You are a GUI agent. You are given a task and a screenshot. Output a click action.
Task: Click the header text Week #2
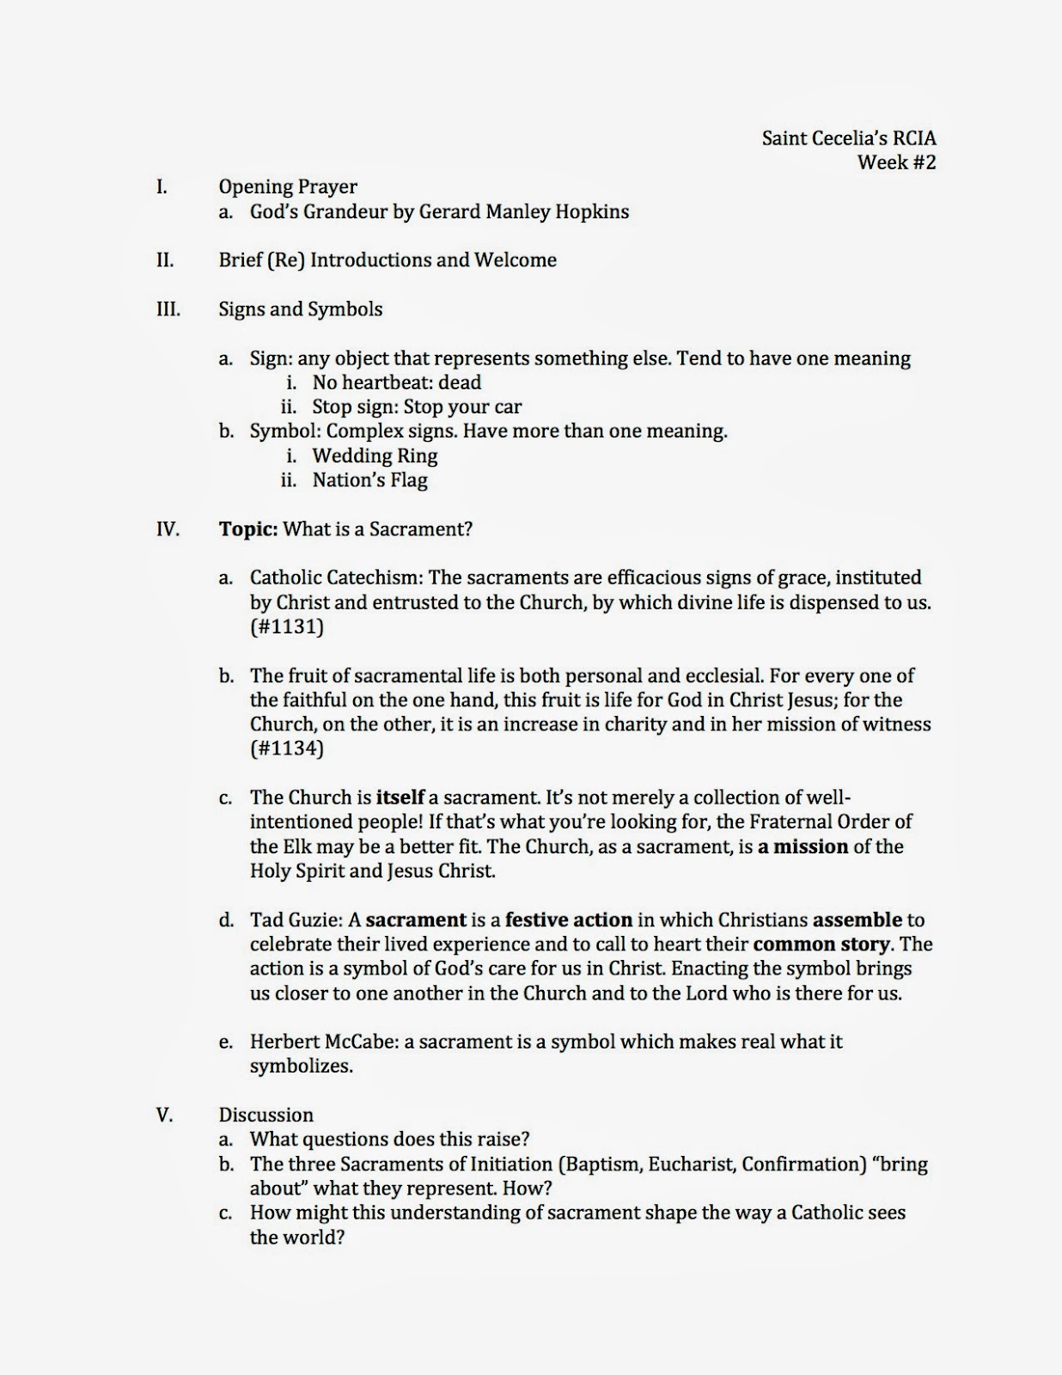(896, 162)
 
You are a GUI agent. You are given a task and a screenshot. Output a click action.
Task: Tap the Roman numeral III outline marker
(168, 309)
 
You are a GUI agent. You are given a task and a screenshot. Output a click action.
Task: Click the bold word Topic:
(247, 529)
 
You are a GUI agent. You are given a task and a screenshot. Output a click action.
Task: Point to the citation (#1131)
(287, 626)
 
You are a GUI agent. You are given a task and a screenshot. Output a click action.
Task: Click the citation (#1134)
(287, 749)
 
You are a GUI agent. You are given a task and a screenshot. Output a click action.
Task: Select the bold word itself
(400, 797)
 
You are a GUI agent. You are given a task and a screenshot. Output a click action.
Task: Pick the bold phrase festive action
(568, 920)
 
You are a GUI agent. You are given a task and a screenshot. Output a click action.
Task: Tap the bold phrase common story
(821, 944)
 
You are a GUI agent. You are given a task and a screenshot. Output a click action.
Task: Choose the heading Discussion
(265, 1115)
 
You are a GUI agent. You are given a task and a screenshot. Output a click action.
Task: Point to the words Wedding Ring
(375, 455)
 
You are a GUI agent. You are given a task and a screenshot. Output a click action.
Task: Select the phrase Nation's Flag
(369, 480)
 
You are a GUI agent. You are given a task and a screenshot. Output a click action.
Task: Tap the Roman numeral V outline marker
(164, 1115)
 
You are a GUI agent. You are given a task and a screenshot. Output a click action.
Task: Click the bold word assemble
(857, 920)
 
